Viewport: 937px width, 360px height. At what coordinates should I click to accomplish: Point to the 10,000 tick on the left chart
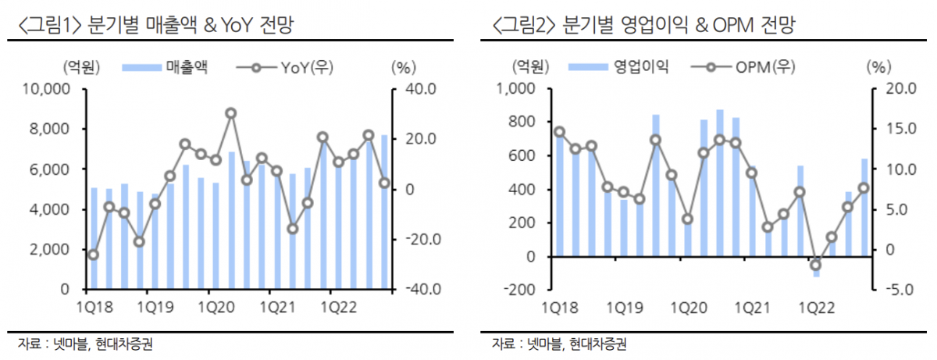[48, 89]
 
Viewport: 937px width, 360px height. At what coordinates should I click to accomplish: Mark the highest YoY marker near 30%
[231, 113]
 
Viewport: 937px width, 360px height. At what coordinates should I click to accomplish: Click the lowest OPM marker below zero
[816, 265]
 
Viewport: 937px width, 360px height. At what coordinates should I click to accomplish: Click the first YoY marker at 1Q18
[94, 255]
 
